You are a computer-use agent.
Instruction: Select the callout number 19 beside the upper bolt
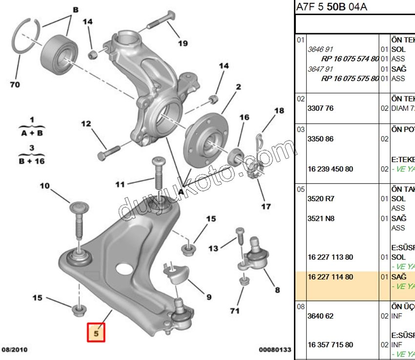click(182, 43)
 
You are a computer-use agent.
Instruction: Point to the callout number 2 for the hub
click(238, 87)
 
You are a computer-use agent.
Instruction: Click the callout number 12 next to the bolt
click(86, 124)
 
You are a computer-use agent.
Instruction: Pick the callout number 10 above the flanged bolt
click(44, 186)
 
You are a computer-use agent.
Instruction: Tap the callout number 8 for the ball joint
click(277, 290)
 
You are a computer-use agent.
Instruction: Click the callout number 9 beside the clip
click(208, 296)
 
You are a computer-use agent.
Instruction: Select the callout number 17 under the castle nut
click(266, 207)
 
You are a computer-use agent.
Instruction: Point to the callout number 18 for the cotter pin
click(278, 111)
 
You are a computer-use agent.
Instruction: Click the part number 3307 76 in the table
click(320, 108)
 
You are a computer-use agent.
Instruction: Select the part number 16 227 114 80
click(330, 277)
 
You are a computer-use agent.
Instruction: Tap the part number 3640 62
click(320, 316)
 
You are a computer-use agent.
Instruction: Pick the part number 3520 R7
click(320, 199)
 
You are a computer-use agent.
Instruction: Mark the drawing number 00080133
click(275, 350)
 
